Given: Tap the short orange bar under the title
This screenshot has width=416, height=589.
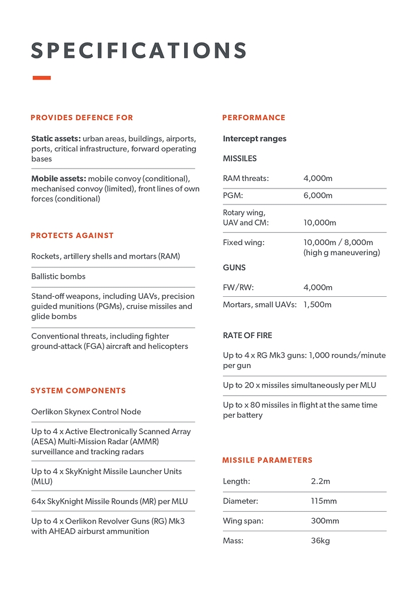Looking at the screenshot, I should tap(41, 78).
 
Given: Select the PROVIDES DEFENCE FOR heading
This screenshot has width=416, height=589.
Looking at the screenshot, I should tap(82, 118).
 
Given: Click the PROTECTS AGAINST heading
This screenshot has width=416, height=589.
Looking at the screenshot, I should tap(72, 236).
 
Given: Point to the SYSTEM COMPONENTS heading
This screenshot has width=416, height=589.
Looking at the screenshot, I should tap(78, 391).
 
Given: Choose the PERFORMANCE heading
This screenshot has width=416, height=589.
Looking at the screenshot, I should tap(254, 118).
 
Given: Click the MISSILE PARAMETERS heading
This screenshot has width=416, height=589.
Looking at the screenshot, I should tap(267, 460).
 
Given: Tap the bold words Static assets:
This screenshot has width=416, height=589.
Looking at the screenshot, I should tap(56, 139).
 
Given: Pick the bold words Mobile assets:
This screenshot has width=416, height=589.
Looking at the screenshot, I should tap(59, 178).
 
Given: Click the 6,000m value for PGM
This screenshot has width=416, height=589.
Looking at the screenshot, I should tap(318, 196).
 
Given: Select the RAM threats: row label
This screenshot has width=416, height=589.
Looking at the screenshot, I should tap(245, 178).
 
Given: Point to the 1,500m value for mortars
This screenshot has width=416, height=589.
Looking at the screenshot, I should tap(318, 305).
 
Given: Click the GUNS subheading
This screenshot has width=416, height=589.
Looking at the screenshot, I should tap(234, 267).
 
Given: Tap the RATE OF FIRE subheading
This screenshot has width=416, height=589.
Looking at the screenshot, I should tap(247, 336).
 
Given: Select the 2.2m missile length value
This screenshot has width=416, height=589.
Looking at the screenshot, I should tap(320, 481).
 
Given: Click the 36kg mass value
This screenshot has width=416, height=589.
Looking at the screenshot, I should tap(320, 540).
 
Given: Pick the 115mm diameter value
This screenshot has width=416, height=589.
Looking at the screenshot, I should tap(324, 501).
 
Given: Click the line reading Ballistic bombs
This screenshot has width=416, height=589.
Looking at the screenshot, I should tap(58, 276).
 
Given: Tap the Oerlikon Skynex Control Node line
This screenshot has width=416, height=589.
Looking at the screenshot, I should tap(86, 412).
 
